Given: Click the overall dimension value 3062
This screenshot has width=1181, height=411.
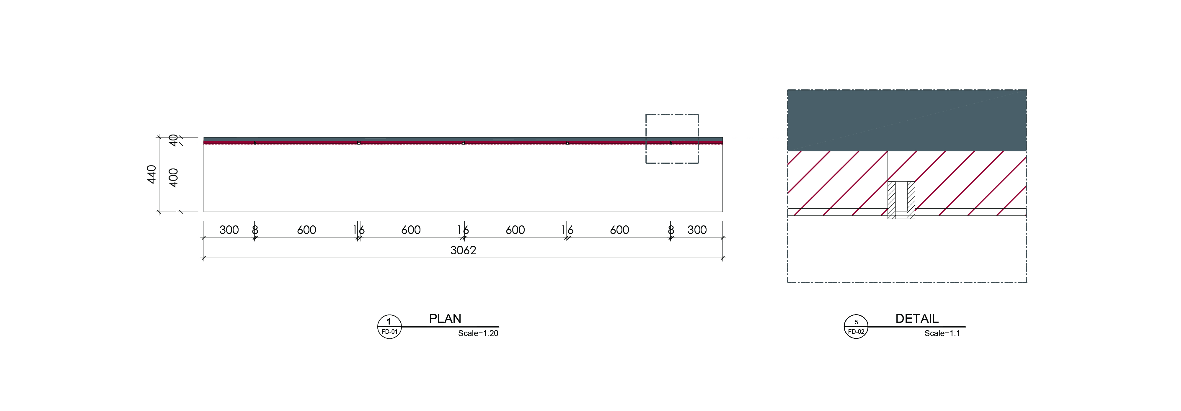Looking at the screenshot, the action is coord(463,250).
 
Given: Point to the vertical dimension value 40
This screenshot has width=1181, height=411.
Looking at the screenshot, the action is coord(173,140).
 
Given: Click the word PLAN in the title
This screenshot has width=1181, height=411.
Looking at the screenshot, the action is coord(445,318).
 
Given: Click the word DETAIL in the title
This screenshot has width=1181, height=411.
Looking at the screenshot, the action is coord(917,318).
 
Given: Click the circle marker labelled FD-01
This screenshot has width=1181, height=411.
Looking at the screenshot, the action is coord(389,327).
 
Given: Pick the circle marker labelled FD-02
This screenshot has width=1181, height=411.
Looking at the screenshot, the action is coord(856,327).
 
